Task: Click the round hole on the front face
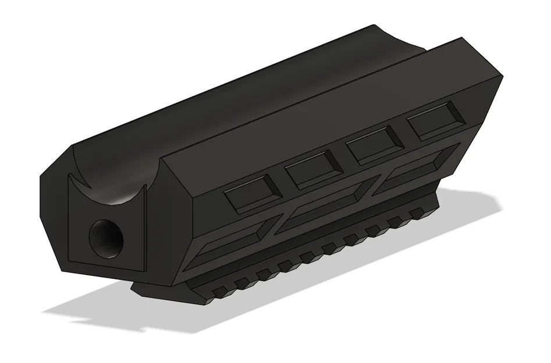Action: click(x=106, y=238)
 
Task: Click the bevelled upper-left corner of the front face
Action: click(x=56, y=166)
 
